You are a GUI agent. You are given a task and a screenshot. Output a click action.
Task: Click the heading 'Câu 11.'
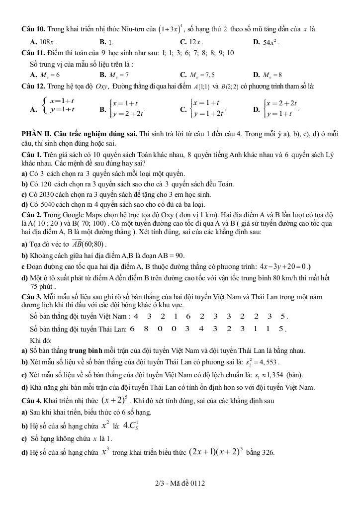click(32, 53)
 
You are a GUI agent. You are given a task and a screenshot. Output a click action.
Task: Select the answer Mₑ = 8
click(272, 75)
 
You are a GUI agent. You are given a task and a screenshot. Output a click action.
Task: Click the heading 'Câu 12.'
click(32, 86)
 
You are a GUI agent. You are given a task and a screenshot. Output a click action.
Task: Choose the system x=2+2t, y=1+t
click(281, 109)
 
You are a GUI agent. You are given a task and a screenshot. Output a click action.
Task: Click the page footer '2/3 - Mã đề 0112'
click(180, 483)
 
